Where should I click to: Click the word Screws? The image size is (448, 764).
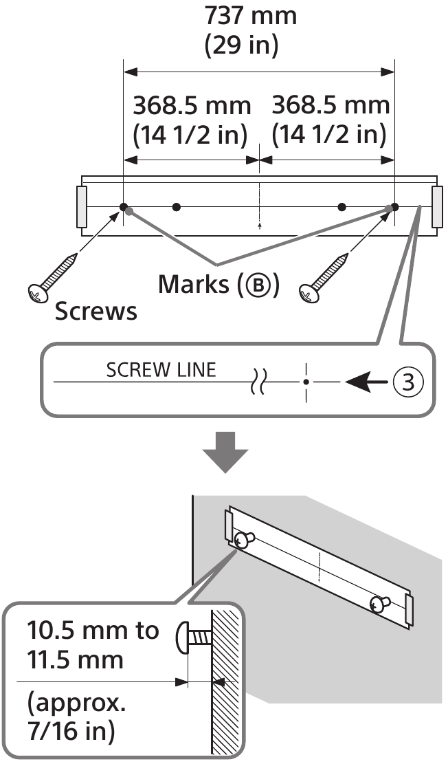96,312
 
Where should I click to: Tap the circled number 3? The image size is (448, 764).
408,382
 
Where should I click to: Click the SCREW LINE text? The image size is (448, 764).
161,370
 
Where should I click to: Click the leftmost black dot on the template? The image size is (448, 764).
123,206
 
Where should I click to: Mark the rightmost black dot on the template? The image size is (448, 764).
394,206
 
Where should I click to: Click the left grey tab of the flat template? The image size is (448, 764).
81,206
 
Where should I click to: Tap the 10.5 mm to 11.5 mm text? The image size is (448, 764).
93,644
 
